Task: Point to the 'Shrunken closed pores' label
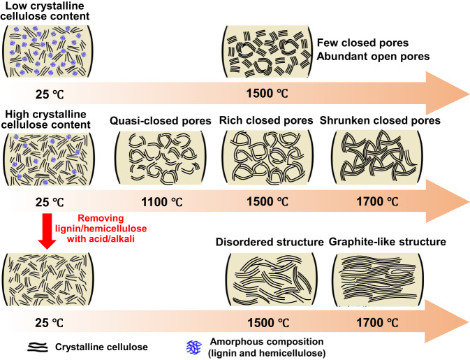click(x=380, y=121)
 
